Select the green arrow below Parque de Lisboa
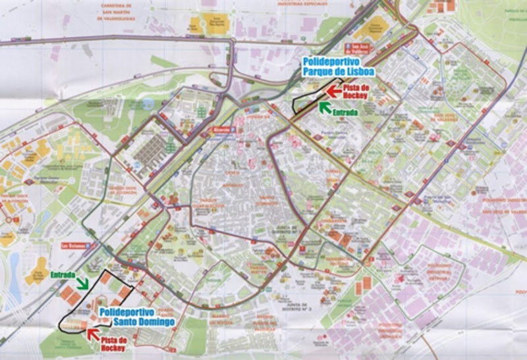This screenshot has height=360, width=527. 325,106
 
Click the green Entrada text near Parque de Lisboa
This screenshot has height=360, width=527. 345,113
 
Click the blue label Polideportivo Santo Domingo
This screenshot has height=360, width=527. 136,316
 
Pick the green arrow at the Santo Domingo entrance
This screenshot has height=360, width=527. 83,283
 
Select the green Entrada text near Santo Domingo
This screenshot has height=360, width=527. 63,274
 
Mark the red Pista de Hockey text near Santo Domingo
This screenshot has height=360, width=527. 115,343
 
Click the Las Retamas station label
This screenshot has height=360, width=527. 75,246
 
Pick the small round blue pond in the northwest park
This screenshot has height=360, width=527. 149,105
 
